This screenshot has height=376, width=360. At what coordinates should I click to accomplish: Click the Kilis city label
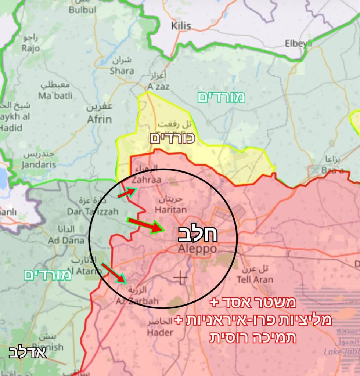(x=181, y=26)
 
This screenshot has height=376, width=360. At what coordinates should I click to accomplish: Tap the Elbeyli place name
(x=298, y=43)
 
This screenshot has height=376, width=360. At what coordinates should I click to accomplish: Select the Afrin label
(x=99, y=119)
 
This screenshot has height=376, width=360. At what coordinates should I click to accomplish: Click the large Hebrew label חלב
(x=198, y=234)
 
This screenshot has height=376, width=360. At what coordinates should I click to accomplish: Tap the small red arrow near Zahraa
(x=127, y=192)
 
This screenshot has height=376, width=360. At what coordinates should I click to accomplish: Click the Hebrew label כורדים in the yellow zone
(x=172, y=138)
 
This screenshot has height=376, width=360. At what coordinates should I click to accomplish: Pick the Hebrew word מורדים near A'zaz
(x=221, y=97)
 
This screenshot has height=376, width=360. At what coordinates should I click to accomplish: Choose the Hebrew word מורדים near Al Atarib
(x=47, y=275)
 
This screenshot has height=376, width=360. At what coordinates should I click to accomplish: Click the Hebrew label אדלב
(x=28, y=353)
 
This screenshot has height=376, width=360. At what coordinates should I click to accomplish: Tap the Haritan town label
(x=170, y=210)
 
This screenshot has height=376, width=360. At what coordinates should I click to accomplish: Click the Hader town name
(x=160, y=332)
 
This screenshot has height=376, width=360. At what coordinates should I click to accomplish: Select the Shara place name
(x=122, y=70)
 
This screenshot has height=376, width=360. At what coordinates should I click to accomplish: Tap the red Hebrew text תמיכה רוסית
(x=252, y=337)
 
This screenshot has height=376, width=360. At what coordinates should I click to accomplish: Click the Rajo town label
(x=30, y=48)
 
